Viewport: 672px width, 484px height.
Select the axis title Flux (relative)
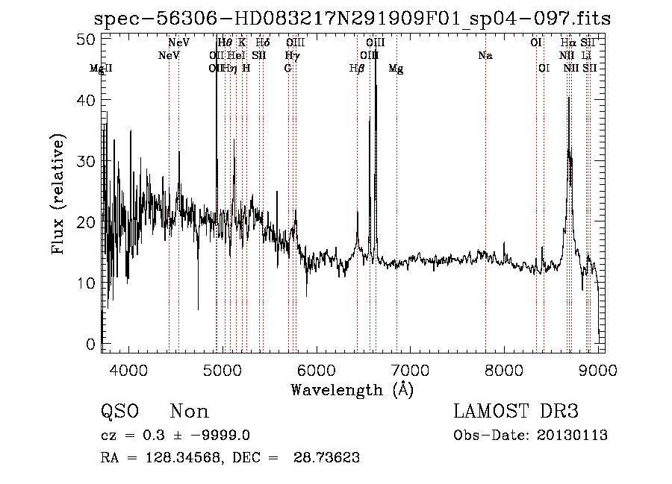pos(58,194)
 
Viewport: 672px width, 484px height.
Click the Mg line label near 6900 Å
pos(396,69)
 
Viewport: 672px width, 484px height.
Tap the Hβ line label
pos(357,69)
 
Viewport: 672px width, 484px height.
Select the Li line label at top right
pos(587,56)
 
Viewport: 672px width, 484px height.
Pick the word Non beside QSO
pos(190,412)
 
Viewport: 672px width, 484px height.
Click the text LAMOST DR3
pos(516,412)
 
